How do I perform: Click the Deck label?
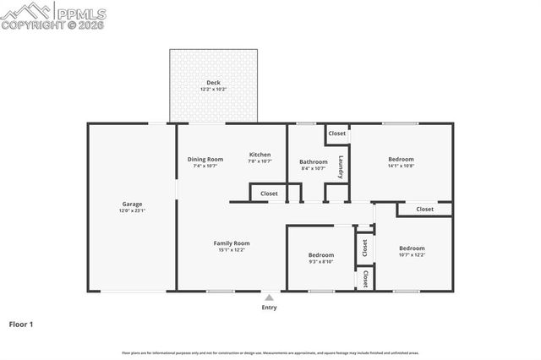click(x=213, y=82)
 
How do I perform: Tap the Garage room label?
click(x=132, y=204)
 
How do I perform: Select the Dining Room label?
click(x=205, y=159)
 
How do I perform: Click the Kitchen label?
click(x=260, y=155)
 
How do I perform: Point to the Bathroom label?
click(x=313, y=161)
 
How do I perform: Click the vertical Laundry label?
click(x=341, y=166)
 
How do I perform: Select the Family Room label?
click(x=231, y=243)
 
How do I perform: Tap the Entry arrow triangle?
click(x=269, y=297)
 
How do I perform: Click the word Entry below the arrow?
click(x=269, y=308)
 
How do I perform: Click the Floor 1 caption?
click(x=21, y=324)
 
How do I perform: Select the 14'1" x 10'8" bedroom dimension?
click(x=401, y=166)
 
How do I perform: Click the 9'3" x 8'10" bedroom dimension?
click(x=320, y=262)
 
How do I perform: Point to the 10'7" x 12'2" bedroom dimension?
click(x=412, y=255)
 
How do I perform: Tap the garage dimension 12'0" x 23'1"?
click(x=132, y=210)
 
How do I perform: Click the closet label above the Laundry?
click(x=337, y=134)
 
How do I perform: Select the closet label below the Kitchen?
click(x=269, y=194)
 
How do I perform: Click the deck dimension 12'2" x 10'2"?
click(x=213, y=89)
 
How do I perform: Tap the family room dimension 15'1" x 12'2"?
click(x=231, y=250)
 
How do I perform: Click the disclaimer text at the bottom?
click(x=270, y=352)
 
